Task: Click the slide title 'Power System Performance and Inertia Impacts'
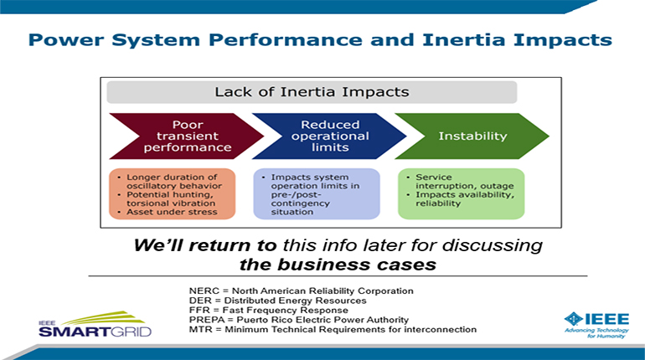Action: [320, 40]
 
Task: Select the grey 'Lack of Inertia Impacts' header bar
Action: [312, 92]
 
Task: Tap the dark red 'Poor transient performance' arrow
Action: [186, 136]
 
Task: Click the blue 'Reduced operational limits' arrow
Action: [329, 136]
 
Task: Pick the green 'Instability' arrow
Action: [472, 136]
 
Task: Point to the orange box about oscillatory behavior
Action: [173, 193]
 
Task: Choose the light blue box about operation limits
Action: [317, 193]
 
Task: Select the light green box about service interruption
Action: [461, 193]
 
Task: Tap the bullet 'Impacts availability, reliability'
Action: [461, 199]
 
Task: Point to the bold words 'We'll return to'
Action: [205, 245]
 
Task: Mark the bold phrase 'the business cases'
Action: [338, 265]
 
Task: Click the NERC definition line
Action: [301, 291]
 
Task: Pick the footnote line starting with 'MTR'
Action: [333, 330]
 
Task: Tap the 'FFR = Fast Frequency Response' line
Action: [269, 311]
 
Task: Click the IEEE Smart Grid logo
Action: [95, 324]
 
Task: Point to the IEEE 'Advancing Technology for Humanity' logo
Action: [597, 325]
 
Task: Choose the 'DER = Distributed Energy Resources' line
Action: [277, 301]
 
